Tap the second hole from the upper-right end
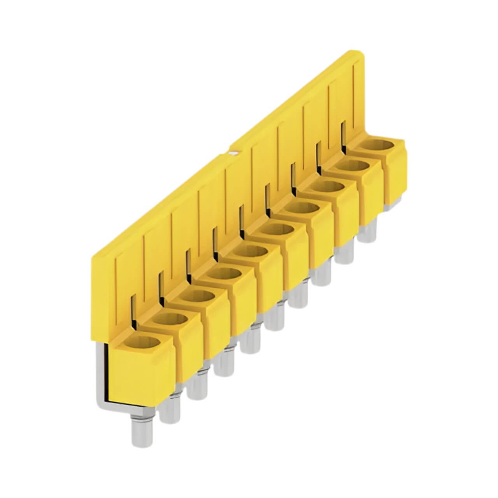(x=355, y=167)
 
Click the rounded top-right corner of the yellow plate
(x=360, y=54)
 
